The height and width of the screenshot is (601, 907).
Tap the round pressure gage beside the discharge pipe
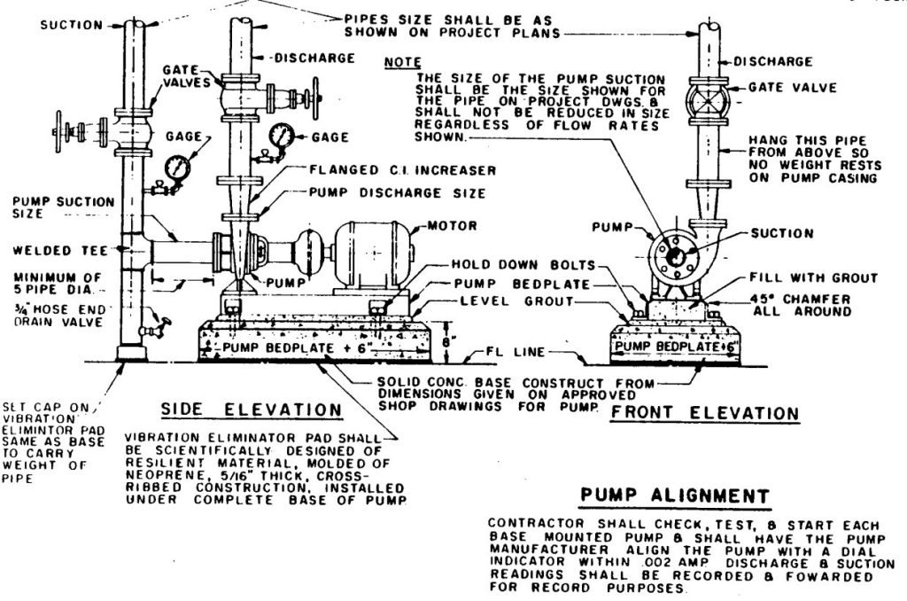pos(283,136)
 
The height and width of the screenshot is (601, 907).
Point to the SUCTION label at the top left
pos(72,25)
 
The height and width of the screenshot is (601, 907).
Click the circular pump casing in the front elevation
pos(675,254)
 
